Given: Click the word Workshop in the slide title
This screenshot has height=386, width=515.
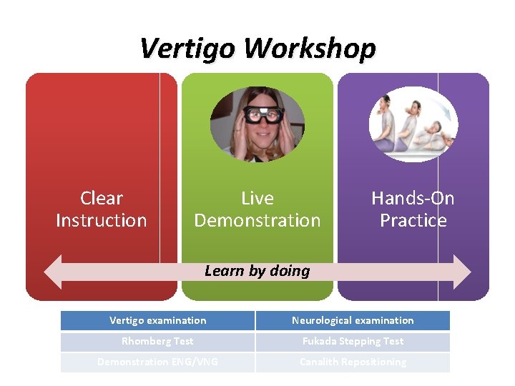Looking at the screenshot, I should click(x=309, y=49).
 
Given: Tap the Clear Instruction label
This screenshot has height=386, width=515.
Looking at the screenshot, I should click(x=102, y=209).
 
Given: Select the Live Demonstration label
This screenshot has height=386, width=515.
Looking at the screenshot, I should click(x=257, y=209).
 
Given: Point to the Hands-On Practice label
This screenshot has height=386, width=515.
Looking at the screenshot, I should click(x=413, y=209).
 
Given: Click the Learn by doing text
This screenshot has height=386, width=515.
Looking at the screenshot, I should click(x=257, y=271).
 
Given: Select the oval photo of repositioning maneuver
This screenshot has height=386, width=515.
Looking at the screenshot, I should click(x=413, y=124).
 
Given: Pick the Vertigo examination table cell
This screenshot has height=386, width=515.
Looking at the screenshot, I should click(x=157, y=320).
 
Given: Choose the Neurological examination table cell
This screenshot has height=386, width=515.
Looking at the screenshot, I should click(x=353, y=320).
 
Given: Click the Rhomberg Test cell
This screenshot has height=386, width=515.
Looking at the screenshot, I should click(x=157, y=341).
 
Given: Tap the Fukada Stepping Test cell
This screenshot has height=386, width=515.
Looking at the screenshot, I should click(x=353, y=341).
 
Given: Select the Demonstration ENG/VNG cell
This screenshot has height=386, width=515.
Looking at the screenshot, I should click(x=157, y=362).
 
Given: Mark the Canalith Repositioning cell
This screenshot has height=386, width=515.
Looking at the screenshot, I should click(x=353, y=362).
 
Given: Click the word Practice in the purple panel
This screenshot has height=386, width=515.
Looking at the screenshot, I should click(x=413, y=220).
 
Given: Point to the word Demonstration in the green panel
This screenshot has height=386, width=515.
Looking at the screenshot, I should click(x=257, y=220).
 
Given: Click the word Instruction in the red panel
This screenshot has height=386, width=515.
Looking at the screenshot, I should click(x=102, y=220).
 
